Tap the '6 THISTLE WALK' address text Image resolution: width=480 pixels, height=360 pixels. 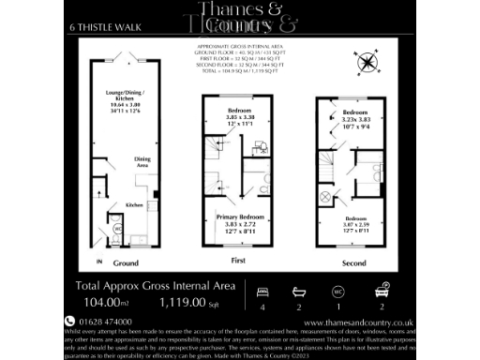[100, 26]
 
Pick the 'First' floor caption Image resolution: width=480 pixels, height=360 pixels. [238, 261]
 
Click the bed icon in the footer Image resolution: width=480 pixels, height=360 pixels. [262, 290]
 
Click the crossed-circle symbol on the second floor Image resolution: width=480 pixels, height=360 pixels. [325, 196]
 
